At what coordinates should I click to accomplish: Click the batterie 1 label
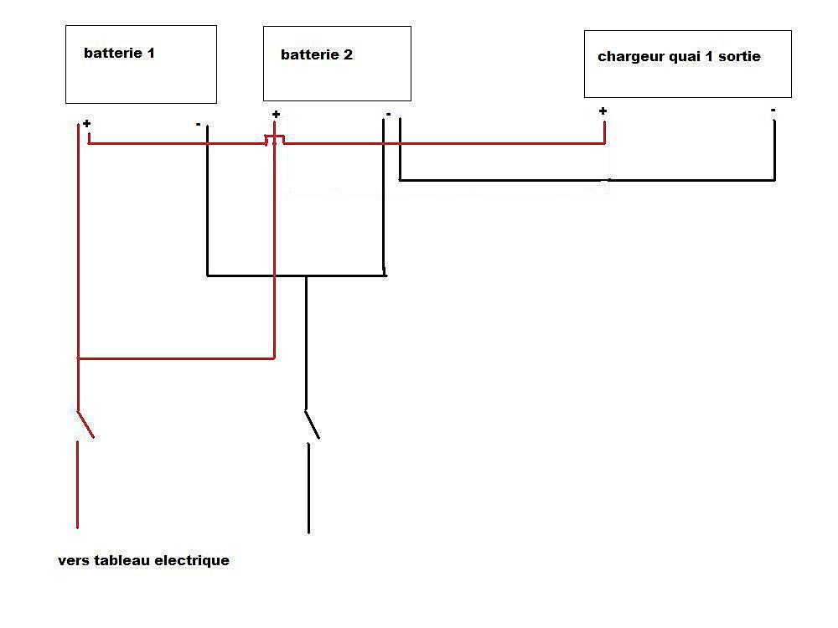119,54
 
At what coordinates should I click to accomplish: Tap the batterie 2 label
317,55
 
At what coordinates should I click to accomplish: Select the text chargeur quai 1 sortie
679,57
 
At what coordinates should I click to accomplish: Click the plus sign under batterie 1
86,124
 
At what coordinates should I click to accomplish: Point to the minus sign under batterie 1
198,126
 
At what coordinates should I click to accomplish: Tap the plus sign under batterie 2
276,115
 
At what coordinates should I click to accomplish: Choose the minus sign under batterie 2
388,114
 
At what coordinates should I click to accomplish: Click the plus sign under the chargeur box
603,111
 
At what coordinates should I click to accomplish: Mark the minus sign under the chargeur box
773,110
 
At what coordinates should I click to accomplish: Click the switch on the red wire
85,425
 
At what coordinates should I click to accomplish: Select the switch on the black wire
312,425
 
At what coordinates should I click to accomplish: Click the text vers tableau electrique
143,561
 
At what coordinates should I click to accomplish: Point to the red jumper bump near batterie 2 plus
275,138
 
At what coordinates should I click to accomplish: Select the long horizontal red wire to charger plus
444,143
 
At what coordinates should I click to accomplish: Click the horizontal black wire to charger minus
587,179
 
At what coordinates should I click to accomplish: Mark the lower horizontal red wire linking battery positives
176,358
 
